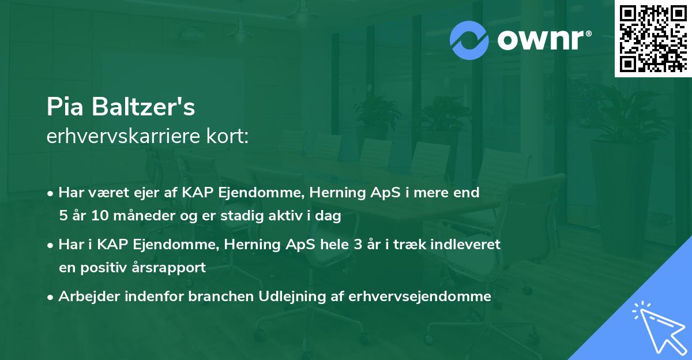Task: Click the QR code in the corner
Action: tap(653, 39)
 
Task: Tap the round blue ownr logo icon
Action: tap(469, 40)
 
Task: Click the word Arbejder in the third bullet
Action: tap(86, 297)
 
